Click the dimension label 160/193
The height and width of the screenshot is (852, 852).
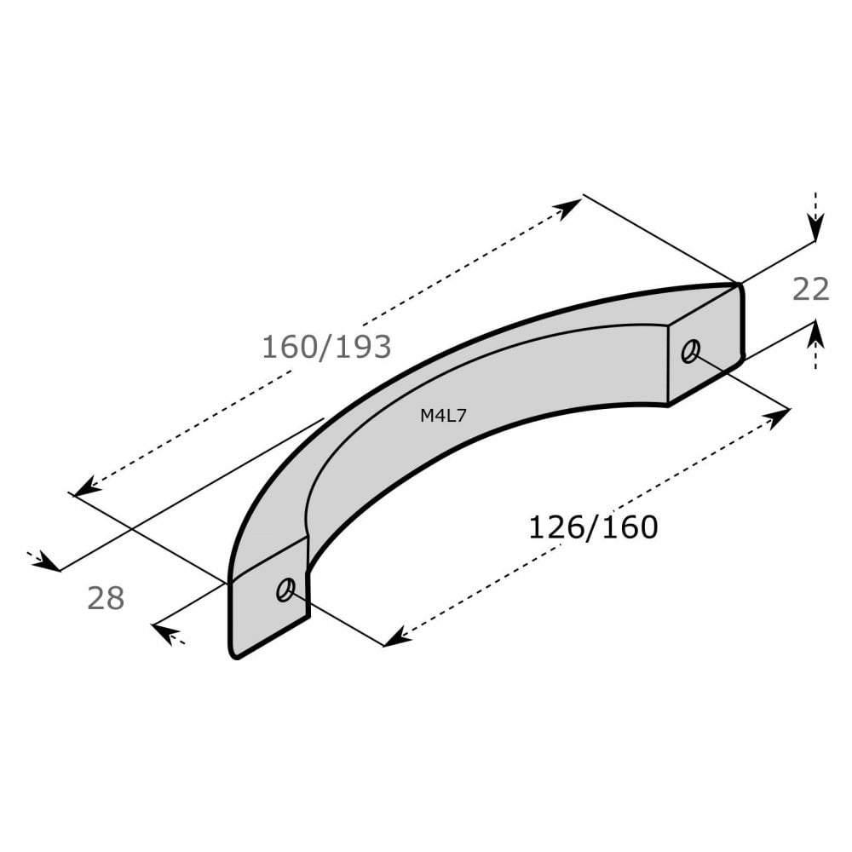[x=325, y=347]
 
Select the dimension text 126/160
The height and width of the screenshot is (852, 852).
[x=593, y=527]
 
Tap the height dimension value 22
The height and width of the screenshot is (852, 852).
[x=810, y=290]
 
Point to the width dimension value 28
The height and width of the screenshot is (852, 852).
[x=106, y=598]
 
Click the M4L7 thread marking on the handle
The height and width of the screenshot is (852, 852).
[x=443, y=416]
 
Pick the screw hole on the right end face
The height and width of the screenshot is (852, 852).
[x=690, y=350]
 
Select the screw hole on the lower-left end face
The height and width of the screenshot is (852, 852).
[x=285, y=589]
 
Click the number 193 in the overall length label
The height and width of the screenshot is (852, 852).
[x=361, y=347]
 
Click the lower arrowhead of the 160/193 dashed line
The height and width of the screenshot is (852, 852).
[x=83, y=489]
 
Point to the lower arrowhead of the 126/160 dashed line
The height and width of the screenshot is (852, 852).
[x=394, y=638]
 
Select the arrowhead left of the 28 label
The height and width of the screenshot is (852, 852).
[x=49, y=564]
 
